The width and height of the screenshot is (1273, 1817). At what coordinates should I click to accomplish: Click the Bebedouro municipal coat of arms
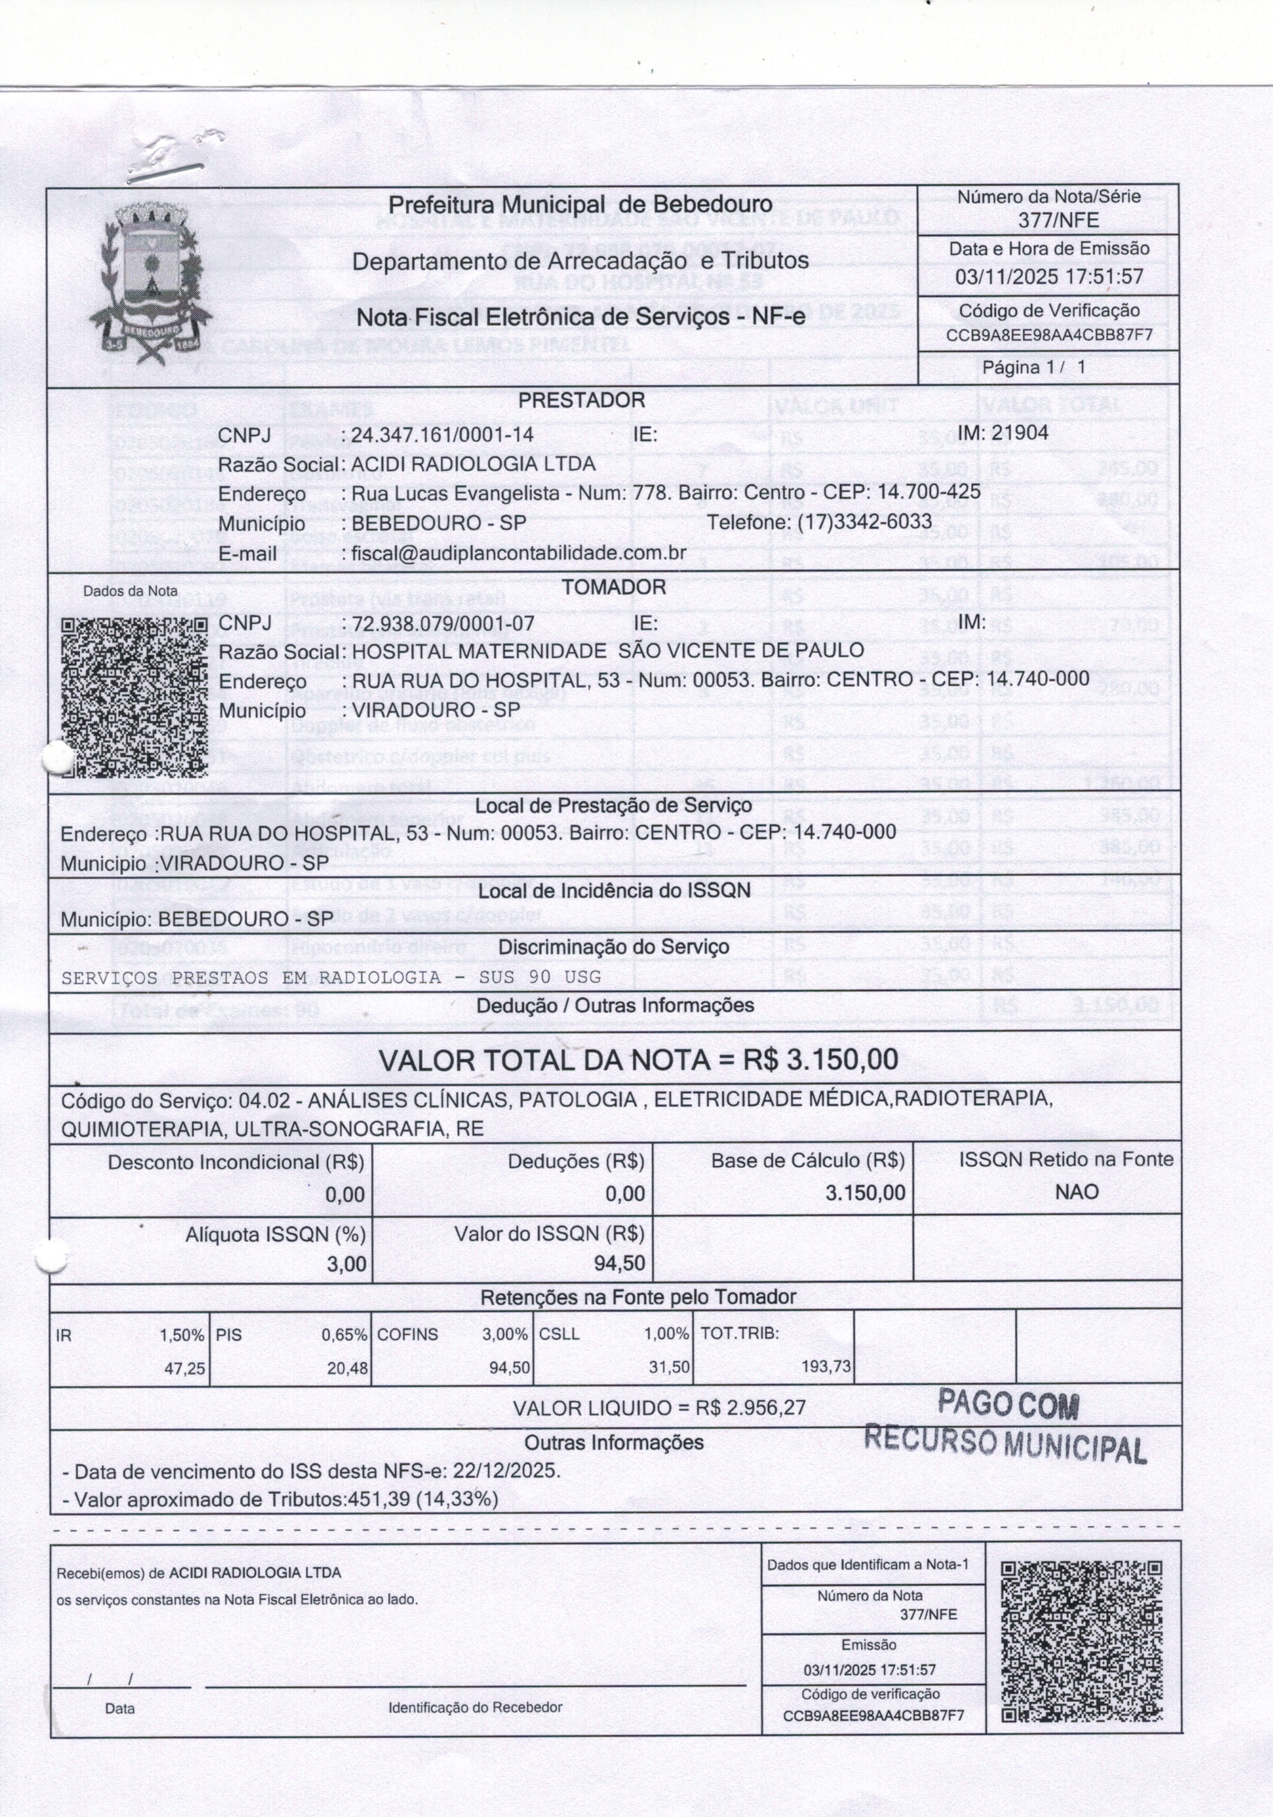pyautogui.click(x=150, y=283)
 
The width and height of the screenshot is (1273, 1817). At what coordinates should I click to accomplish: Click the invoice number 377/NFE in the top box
pyautogui.click(x=1048, y=220)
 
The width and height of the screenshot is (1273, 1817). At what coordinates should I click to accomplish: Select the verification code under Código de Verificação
pyautogui.click(x=1048, y=335)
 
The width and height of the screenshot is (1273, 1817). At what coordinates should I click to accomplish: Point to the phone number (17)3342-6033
pyautogui.click(x=864, y=522)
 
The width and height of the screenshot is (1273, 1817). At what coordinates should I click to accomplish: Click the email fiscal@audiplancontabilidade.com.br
pyautogui.click(x=518, y=552)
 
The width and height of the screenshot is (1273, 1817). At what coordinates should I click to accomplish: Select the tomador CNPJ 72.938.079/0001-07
pyautogui.click(x=443, y=624)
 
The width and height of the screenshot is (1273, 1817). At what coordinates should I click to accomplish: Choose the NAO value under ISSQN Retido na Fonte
pyautogui.click(x=1077, y=1192)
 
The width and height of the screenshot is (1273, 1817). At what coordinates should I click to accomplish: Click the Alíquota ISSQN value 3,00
pyautogui.click(x=347, y=1265)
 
